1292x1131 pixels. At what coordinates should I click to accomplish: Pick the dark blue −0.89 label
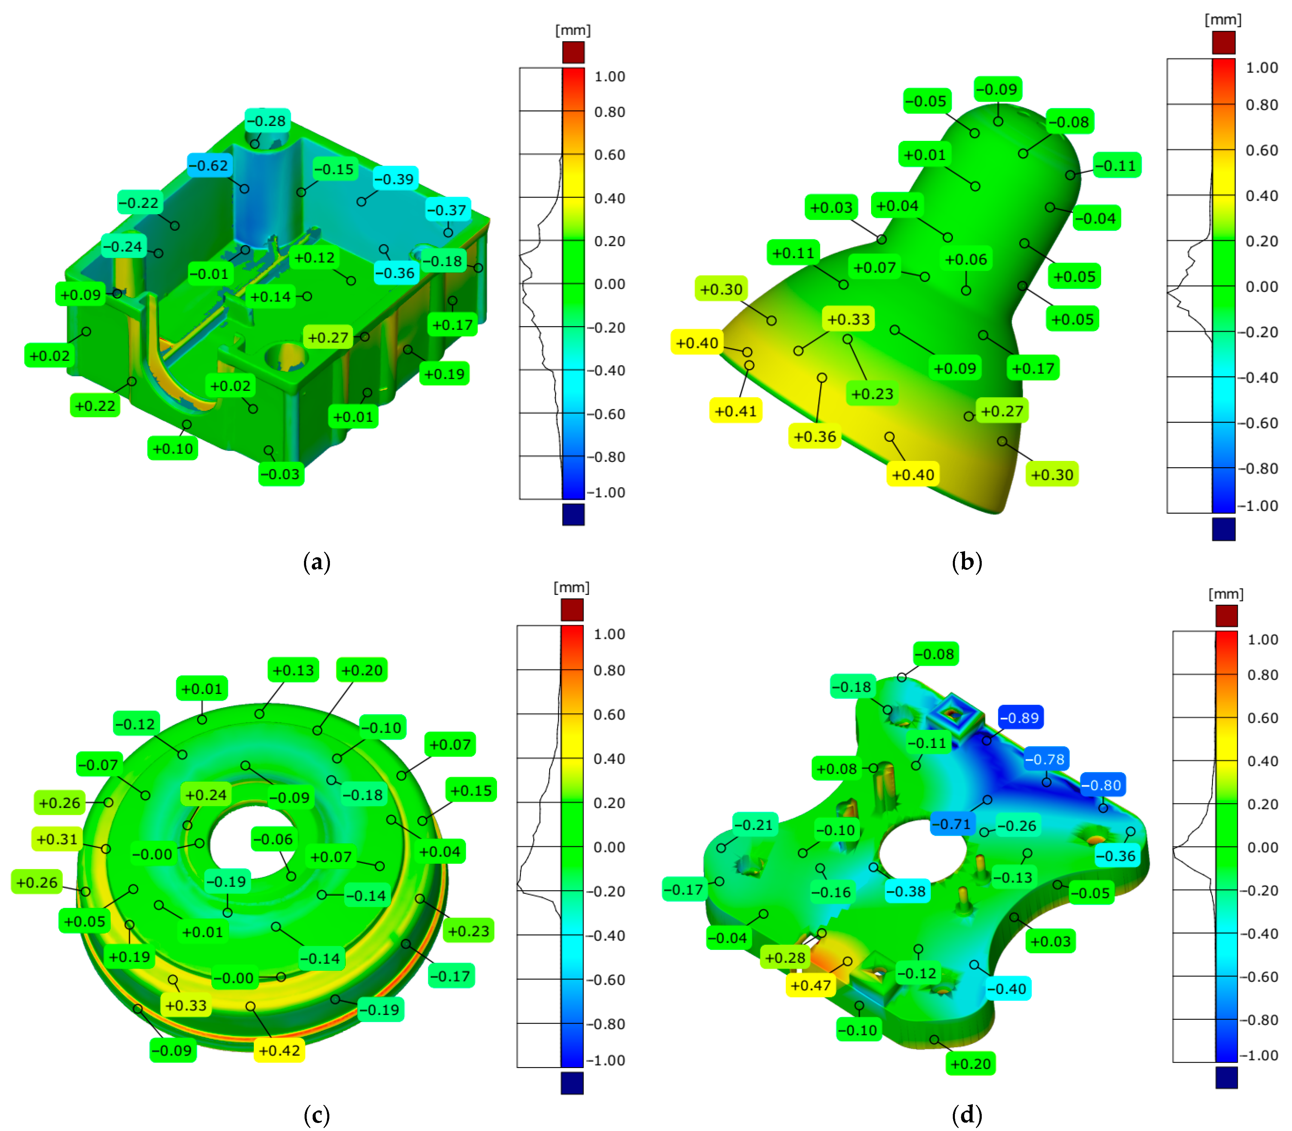tap(1020, 718)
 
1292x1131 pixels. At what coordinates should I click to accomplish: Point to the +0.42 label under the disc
tap(279, 1050)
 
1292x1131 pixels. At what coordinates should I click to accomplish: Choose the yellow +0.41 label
tap(735, 411)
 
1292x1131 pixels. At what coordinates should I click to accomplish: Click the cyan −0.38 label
tap(906, 891)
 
